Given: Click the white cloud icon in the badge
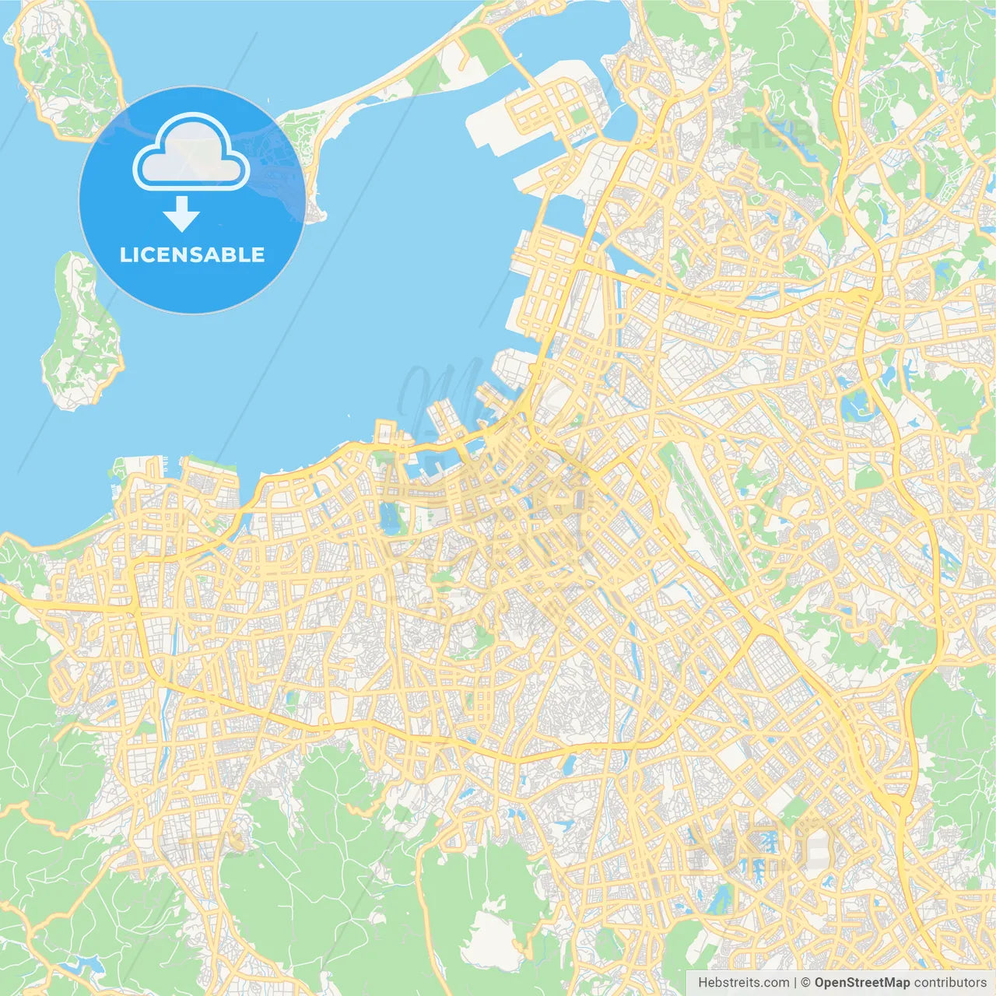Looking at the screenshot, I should pyautogui.click(x=191, y=153).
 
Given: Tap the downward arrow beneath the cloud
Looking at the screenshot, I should pyautogui.click(x=181, y=214).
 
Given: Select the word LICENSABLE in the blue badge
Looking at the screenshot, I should pyautogui.click(x=191, y=254).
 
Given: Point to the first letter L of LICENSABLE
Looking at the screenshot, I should pyautogui.click(x=124, y=254).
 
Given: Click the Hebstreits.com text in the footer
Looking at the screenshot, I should pyautogui.click(x=743, y=983).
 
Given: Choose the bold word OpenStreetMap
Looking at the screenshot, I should pyautogui.click(x=861, y=983).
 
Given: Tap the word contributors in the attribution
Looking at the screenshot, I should pyautogui.click(x=950, y=983).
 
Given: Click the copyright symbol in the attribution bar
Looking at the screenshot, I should pyautogui.click(x=805, y=983).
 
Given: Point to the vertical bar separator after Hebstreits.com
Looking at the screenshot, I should pyautogui.click(x=795, y=983).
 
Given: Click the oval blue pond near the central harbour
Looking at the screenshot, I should pyautogui.click(x=388, y=517).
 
